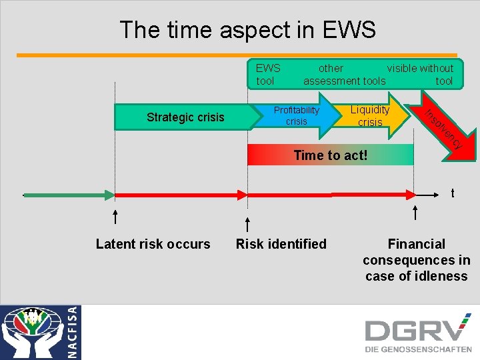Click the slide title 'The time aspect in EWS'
(247, 29)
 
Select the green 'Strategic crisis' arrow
(185, 117)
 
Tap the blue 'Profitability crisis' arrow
(297, 115)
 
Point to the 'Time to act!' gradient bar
(330, 155)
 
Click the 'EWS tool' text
(267, 75)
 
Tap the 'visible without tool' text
(421, 75)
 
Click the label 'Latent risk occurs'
(153, 244)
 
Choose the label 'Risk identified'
(281, 244)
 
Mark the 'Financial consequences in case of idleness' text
(416, 260)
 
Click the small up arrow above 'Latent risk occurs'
(116, 216)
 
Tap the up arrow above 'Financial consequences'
(415, 213)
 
